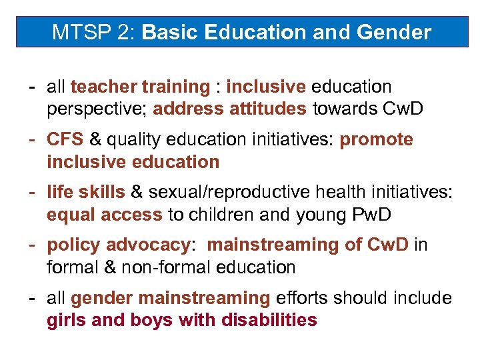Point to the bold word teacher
[x=99, y=87]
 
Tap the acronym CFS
[x=65, y=139]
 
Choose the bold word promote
[x=377, y=139]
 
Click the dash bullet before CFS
[x=31, y=139]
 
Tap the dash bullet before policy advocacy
[x=31, y=245]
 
